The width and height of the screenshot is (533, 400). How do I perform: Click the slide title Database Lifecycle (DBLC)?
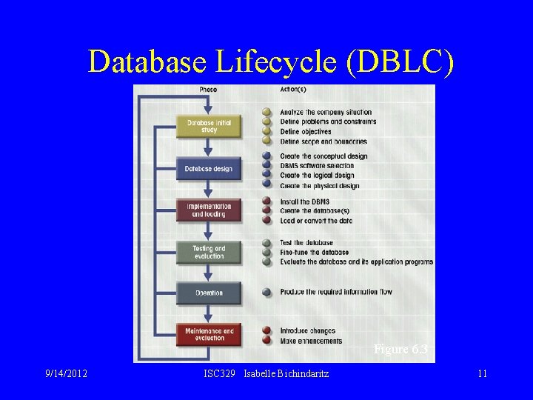(x=270, y=61)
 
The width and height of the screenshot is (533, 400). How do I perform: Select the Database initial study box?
(x=209, y=127)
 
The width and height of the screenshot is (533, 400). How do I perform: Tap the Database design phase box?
(x=209, y=169)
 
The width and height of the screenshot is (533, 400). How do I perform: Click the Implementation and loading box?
(x=209, y=210)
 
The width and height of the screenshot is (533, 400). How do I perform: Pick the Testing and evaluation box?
(x=209, y=252)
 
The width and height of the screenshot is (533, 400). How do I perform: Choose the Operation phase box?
(x=209, y=293)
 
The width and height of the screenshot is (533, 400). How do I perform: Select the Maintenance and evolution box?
(x=209, y=335)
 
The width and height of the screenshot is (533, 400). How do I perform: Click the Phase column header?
(x=208, y=90)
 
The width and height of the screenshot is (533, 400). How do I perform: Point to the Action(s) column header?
(x=293, y=90)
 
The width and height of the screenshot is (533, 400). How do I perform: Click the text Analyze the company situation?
(x=326, y=113)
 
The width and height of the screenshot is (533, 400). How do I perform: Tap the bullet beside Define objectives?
(x=267, y=132)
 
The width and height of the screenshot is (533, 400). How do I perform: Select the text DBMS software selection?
(x=317, y=166)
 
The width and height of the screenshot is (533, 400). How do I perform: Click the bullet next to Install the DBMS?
(x=267, y=201)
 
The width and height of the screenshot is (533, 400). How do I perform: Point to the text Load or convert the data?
(x=316, y=221)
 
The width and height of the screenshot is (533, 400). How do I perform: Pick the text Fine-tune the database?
(x=315, y=253)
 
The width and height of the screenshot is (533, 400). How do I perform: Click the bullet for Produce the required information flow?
(x=267, y=292)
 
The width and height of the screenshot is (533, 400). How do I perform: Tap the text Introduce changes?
(x=307, y=331)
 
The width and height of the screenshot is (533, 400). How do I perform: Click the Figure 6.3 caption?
(x=400, y=350)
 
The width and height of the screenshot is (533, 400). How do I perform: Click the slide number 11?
(x=482, y=373)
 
